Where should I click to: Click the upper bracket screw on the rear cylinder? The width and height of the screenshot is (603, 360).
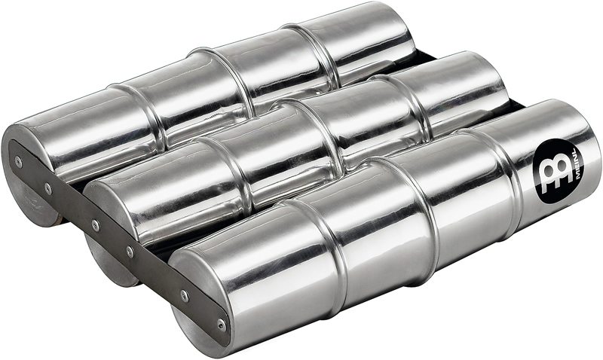tap(18, 161)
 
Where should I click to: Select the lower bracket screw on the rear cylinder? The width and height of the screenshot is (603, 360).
tap(48, 188)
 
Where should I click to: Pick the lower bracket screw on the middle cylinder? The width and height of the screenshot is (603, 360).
tap(130, 252)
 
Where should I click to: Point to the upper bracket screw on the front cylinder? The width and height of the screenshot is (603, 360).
tap(185, 296)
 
